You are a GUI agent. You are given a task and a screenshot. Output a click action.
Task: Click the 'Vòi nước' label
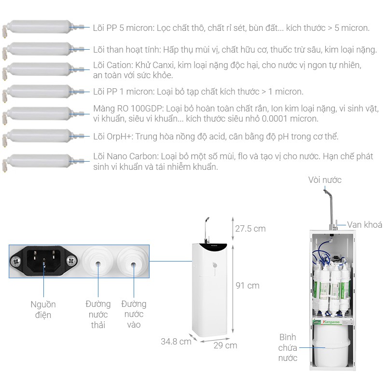325,180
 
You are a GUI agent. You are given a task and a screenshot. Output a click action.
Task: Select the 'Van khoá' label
364,225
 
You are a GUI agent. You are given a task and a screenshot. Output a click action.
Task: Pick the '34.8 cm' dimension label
176,342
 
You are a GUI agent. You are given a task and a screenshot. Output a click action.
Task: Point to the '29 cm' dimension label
225,345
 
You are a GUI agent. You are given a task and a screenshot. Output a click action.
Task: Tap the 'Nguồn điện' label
43,309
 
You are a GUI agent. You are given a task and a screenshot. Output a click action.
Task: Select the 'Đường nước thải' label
98,314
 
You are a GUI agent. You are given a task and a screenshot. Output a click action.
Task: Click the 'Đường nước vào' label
134,314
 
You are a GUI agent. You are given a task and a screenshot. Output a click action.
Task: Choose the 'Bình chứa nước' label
288,347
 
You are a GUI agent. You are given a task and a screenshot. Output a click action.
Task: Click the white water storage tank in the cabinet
331,348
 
